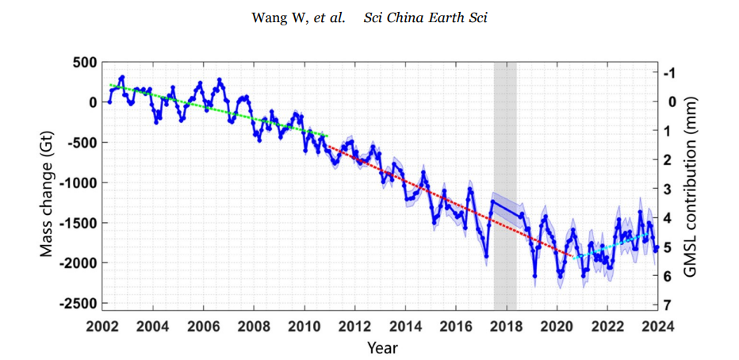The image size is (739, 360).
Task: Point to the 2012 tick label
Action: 354,325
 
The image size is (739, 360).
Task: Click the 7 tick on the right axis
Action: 670,305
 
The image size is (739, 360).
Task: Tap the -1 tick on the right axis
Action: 672,73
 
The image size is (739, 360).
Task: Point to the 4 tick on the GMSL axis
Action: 670,218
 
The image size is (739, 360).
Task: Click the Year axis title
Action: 382,347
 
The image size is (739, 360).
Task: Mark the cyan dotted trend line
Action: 615,247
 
